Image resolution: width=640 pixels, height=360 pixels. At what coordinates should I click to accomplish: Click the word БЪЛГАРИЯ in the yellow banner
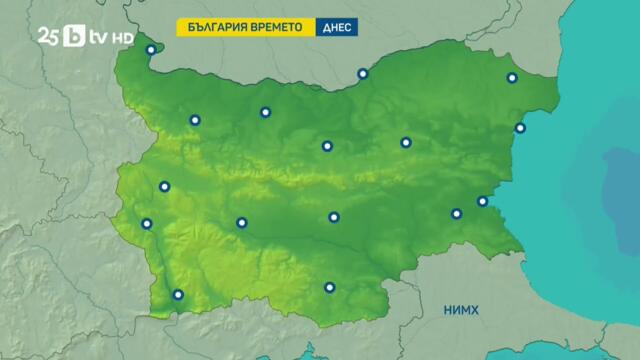pos(219,28)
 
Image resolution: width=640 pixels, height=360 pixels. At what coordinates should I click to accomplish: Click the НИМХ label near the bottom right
pos(462,310)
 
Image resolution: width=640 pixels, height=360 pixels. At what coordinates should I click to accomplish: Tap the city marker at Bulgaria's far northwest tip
pos(152,49)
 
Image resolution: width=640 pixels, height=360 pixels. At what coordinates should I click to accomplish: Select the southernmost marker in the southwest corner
pos(178,294)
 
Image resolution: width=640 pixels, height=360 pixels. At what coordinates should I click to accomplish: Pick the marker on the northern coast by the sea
pos(520,127)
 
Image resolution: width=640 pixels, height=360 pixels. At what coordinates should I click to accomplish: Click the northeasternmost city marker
pos(512,77)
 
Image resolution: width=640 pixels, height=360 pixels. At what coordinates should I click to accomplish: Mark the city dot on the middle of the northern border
pos(363,73)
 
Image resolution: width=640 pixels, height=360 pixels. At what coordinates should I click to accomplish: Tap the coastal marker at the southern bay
pos(482,201)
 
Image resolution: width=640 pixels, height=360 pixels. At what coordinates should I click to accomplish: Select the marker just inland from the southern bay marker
pos(456,213)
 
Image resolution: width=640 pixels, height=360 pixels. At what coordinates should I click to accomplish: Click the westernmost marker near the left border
pos(147,224)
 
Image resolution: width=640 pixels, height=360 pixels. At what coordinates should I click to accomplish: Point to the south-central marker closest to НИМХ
pos(330,287)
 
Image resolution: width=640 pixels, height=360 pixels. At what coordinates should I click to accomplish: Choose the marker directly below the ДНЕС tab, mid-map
pos(327,146)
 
